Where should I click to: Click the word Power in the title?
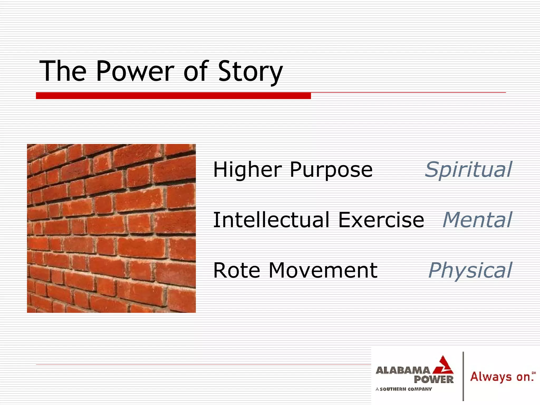click(135, 71)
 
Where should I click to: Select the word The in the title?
click(63, 71)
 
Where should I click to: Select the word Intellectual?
click(271, 220)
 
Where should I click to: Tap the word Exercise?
click(381, 220)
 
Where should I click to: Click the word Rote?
click(237, 271)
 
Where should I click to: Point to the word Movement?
click(323, 271)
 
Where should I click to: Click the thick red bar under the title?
click(173, 96)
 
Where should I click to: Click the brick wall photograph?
click(111, 228)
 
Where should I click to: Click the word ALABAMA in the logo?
click(403, 370)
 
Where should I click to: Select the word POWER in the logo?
click(433, 380)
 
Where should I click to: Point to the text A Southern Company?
click(404, 389)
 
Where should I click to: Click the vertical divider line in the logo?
click(463, 376)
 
